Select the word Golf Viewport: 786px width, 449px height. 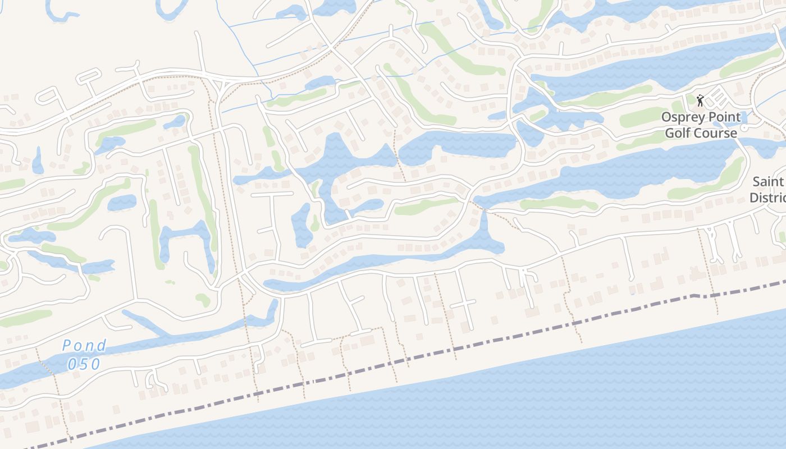click(x=678, y=134)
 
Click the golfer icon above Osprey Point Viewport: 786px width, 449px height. click(x=700, y=101)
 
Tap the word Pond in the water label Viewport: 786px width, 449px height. click(x=84, y=346)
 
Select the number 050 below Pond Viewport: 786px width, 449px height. click(x=84, y=364)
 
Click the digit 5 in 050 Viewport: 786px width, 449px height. click(x=84, y=364)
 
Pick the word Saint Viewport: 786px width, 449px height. click(x=767, y=182)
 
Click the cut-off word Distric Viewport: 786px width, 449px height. click(x=767, y=198)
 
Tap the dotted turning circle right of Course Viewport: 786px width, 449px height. click(x=744, y=128)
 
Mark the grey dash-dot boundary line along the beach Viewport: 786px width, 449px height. click(x=393, y=362)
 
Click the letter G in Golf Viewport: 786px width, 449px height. click(x=669, y=134)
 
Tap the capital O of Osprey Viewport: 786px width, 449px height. click(x=666, y=117)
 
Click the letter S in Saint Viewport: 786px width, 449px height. click(x=756, y=182)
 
